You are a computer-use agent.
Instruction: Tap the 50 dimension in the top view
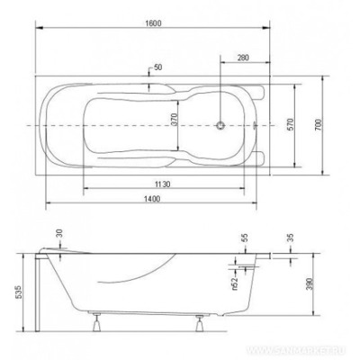click(x=158, y=67)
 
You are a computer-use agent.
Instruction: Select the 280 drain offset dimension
click(x=242, y=58)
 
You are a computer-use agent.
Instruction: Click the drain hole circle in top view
click(x=220, y=123)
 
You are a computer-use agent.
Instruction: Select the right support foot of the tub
click(x=195, y=323)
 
